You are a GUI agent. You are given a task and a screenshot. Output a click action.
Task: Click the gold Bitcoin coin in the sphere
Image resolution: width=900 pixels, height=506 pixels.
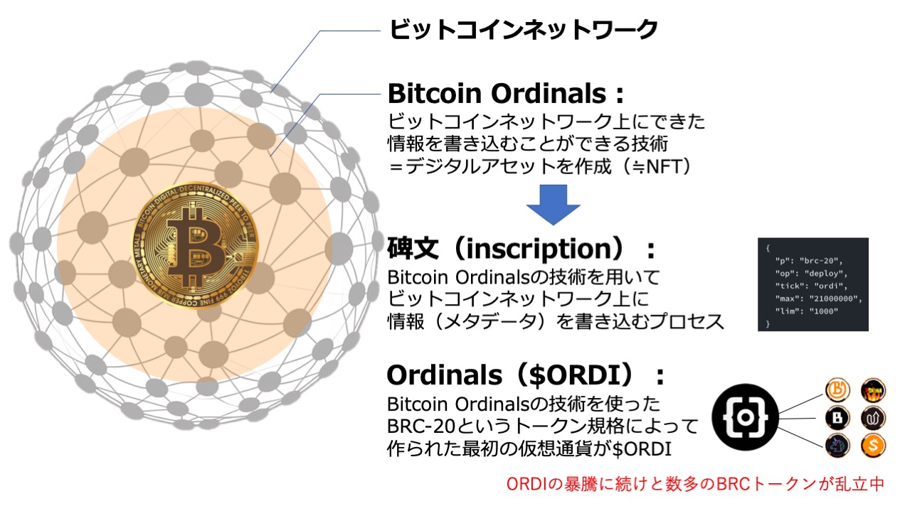[x=195, y=246]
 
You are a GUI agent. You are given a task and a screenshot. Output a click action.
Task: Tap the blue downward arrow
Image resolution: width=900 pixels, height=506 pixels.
[x=554, y=205]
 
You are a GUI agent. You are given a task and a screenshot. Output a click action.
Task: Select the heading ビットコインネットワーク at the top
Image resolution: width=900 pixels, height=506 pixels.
[x=523, y=29]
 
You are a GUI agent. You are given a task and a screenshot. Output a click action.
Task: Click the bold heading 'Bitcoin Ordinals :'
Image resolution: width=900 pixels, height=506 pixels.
[x=506, y=94]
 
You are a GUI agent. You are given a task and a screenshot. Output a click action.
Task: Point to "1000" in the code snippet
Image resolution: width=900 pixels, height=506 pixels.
[x=823, y=311]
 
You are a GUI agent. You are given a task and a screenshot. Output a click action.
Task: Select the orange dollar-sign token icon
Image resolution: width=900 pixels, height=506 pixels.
[x=873, y=445]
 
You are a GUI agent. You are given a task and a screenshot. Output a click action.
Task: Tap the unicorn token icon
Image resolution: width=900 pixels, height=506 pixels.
[x=837, y=446]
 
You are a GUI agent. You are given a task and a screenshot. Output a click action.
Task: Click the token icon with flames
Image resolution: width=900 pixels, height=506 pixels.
[x=873, y=390]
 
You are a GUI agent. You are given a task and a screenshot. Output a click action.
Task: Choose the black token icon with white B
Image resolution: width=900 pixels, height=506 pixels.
[x=837, y=418]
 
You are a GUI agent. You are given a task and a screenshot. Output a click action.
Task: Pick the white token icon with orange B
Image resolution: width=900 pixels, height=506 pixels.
[x=837, y=389]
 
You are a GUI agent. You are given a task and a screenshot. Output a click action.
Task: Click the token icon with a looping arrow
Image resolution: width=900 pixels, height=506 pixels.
[x=873, y=418]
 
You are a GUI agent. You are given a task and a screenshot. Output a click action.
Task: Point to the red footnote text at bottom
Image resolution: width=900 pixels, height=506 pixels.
[x=695, y=484]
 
